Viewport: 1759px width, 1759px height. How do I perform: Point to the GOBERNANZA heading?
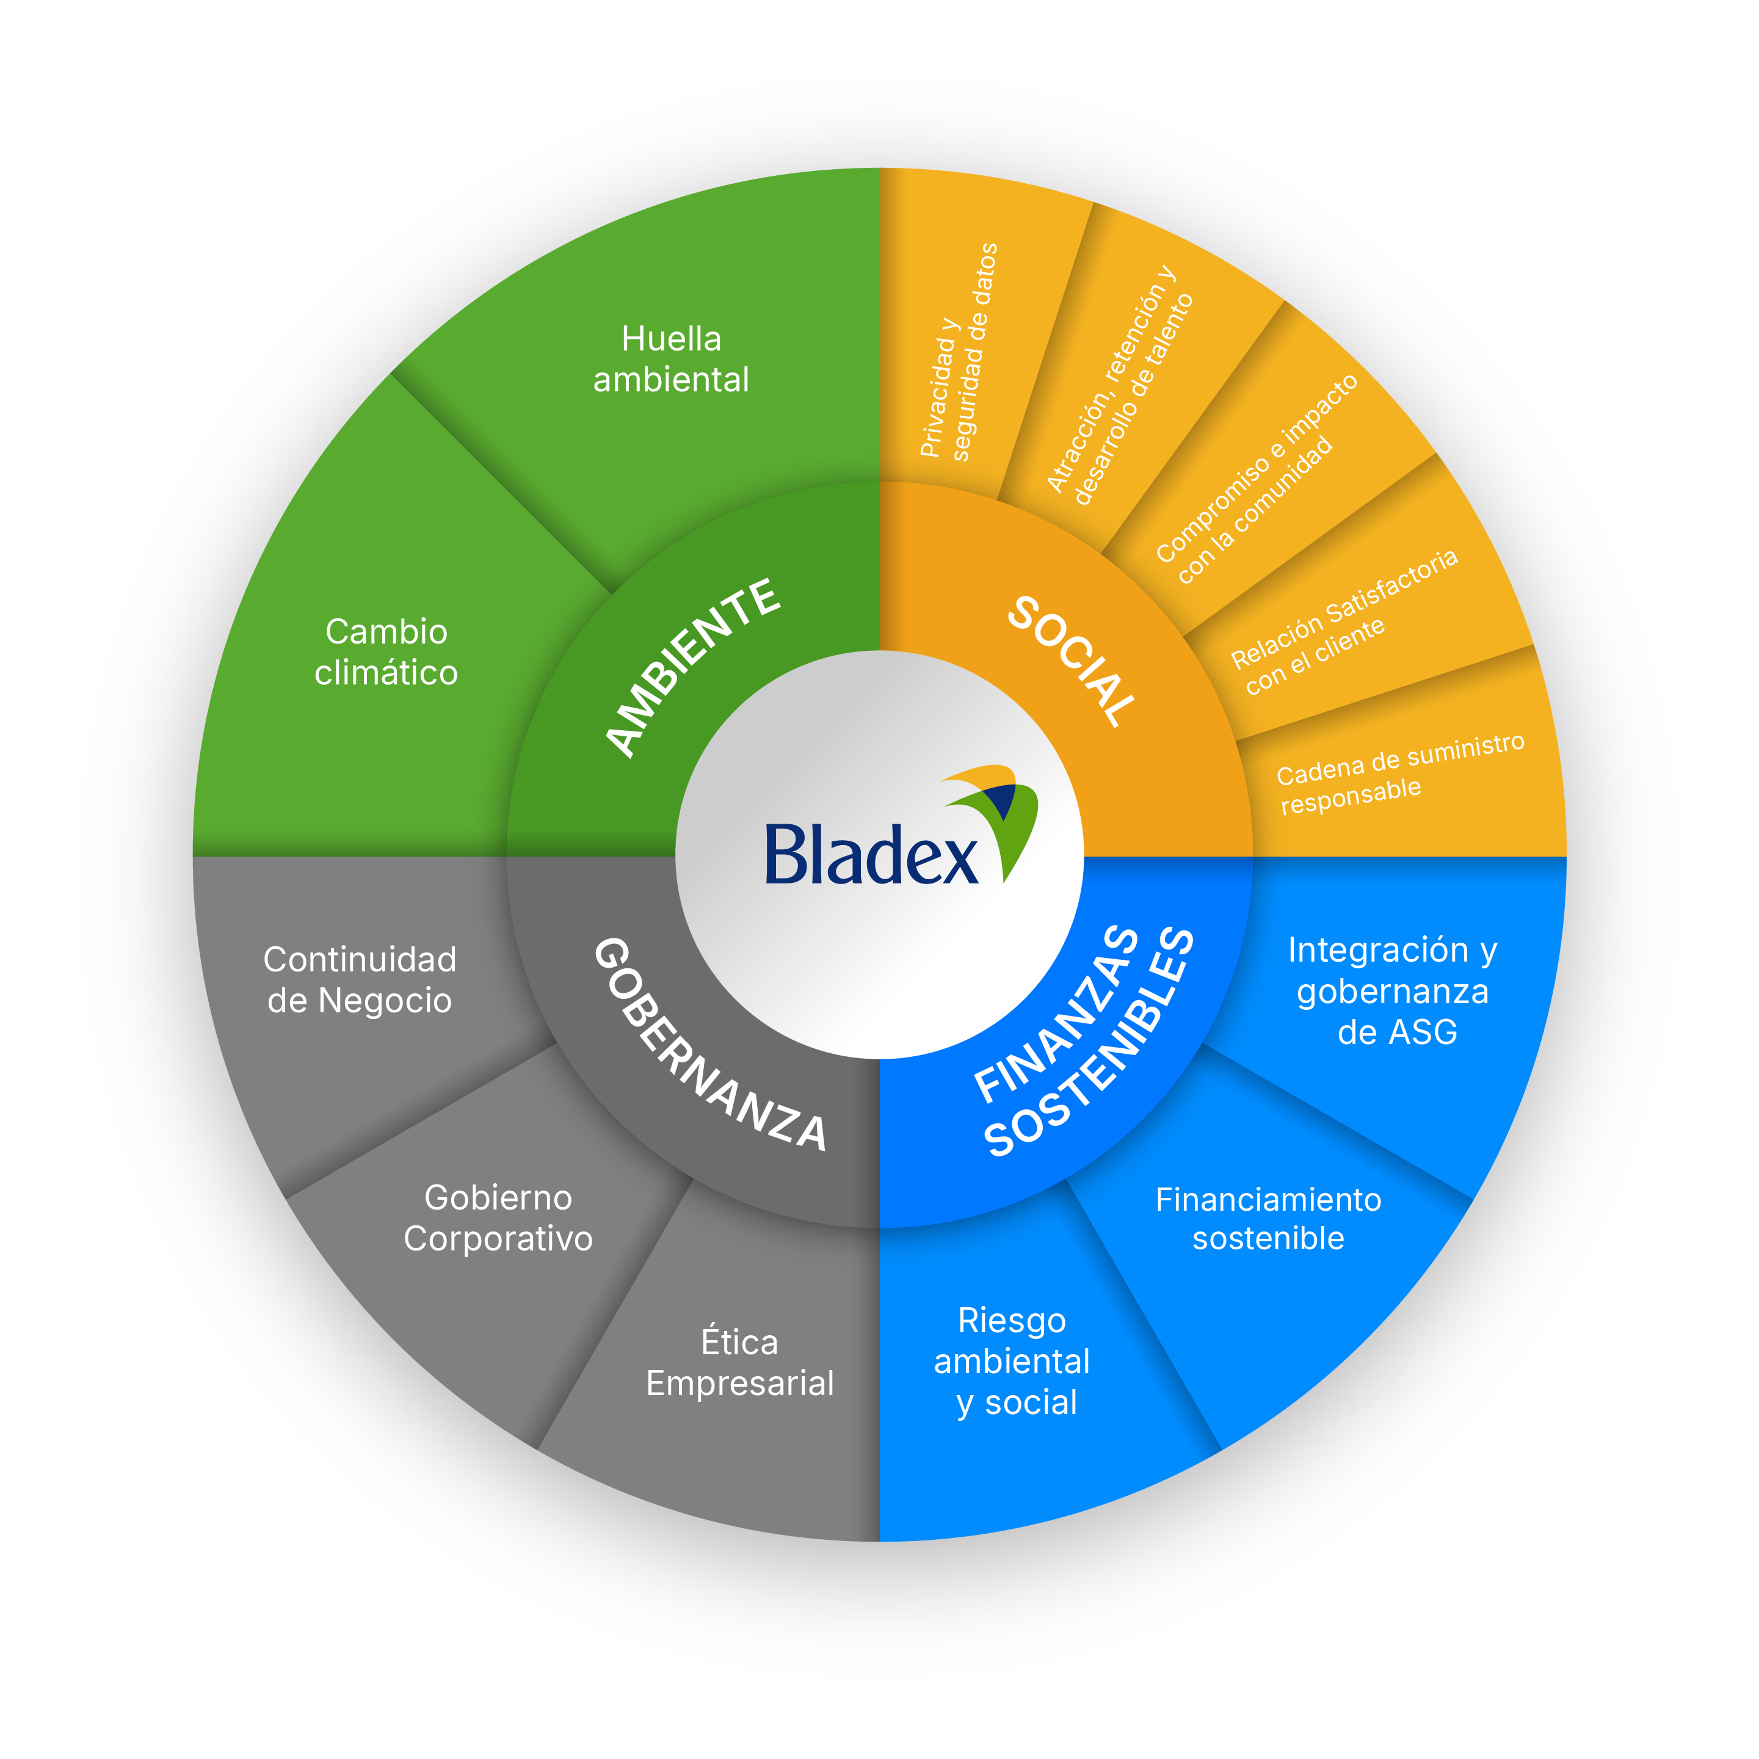point(710,1045)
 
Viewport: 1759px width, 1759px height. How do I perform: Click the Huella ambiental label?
point(671,359)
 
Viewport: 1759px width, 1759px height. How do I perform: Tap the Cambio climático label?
point(386,652)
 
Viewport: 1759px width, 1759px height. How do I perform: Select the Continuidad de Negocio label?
point(360,980)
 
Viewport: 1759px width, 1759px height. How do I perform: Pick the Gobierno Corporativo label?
point(498,1217)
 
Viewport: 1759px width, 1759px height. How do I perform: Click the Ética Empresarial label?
point(739,1362)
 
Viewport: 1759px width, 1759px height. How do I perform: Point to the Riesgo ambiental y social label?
point(1012,1361)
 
